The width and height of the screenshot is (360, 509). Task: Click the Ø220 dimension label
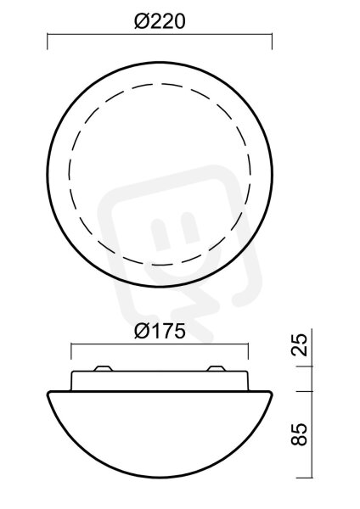pyautogui.click(x=160, y=22)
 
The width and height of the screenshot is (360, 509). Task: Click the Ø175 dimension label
pyautogui.click(x=160, y=332)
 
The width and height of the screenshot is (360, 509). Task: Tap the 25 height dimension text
pyautogui.click(x=299, y=344)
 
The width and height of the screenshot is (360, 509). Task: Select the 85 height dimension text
pyautogui.click(x=299, y=434)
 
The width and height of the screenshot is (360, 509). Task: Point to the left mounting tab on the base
pyautogui.click(x=103, y=369)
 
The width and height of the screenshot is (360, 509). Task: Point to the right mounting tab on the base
pyautogui.click(x=216, y=369)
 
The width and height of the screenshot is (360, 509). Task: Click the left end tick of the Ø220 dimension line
pyautogui.click(x=48, y=42)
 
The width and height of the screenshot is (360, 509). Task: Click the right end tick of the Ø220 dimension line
pyautogui.click(x=272, y=42)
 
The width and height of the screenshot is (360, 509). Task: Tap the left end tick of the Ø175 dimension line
pyautogui.click(x=71, y=351)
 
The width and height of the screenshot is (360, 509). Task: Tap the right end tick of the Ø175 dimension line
pyautogui.click(x=248, y=351)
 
